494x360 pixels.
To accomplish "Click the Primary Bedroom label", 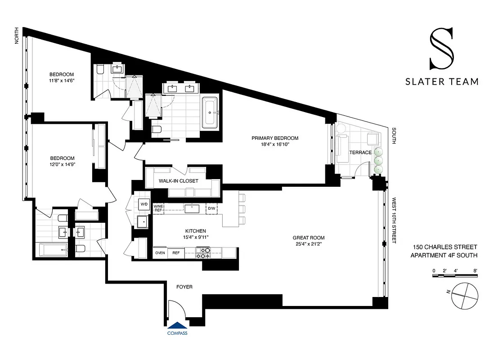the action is pos(275,138).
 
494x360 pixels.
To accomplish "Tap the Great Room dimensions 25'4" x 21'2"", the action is pos(309,244).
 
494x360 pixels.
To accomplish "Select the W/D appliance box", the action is pos(144,204).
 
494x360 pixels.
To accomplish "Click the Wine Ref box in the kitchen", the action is pos(158,208).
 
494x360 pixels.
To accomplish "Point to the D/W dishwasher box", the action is pos(211,208).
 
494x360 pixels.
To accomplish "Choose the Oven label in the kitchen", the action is pos(160,253).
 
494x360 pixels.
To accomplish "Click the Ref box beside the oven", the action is pos(176,253).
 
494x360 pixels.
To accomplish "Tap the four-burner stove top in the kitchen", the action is pos(203,253).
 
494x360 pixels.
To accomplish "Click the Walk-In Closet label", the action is pos(178,181).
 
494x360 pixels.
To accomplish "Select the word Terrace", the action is pos(360,153).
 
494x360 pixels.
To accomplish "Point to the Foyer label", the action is pos(184,287).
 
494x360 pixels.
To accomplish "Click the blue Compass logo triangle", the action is pos(177,326).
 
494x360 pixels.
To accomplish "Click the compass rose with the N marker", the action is pos(465,296).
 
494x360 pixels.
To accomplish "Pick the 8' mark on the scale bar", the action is pos(475,270).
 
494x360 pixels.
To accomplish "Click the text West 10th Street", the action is pos(394,220).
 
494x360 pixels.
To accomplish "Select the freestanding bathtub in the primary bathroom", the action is pos(210,112).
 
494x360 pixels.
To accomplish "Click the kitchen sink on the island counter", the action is pos(192,208).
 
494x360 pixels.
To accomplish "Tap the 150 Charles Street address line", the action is pos(445,247).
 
